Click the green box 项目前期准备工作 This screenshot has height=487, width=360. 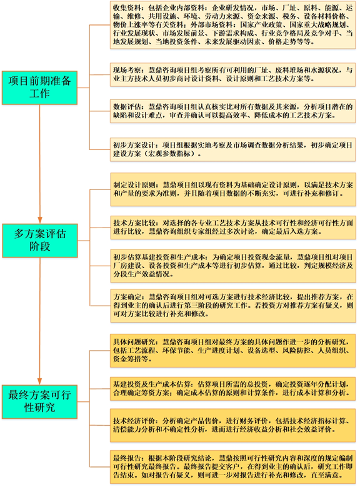point(39,88)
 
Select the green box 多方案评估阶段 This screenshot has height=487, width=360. point(40,241)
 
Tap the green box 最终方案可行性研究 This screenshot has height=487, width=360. point(39,401)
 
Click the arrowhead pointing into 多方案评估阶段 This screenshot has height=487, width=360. point(40,220)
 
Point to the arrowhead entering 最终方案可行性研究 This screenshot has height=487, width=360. point(39,381)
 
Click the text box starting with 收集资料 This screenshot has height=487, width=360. point(232,25)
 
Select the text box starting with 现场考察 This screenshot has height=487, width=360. point(232,74)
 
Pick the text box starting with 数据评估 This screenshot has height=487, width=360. point(232,111)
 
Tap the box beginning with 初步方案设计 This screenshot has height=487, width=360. point(232,149)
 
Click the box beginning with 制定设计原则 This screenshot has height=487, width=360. point(233,189)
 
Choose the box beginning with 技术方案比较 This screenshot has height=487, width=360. point(233,228)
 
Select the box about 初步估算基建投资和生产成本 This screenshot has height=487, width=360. point(233,266)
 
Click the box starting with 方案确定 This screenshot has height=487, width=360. point(233,306)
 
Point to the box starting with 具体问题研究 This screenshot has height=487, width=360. point(232,351)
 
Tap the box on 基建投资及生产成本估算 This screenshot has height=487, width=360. point(232,389)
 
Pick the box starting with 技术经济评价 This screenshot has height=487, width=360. point(232,426)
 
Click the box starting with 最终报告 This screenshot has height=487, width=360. point(232,467)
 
